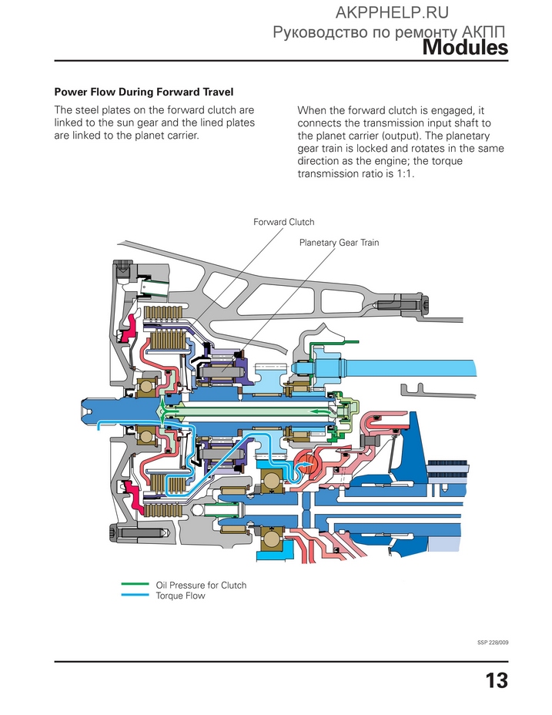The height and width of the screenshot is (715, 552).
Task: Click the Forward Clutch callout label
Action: [283, 222]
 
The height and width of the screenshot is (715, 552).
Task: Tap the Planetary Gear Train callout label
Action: [339, 243]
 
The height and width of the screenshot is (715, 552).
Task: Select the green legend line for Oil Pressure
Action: [135, 584]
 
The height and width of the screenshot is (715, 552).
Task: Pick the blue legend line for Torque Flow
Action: [135, 595]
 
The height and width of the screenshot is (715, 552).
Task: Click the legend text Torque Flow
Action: [180, 596]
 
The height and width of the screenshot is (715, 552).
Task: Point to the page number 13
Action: [497, 680]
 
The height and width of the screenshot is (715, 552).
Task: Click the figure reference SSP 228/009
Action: [493, 643]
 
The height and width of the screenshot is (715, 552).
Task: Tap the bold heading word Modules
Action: [465, 48]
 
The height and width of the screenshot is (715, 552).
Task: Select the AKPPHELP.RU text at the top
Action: [392, 12]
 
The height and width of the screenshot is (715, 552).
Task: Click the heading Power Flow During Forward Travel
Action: [144, 92]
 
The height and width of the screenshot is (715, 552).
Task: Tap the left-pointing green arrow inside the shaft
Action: [318, 411]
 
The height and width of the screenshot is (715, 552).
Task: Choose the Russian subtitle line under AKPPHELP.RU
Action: [389, 32]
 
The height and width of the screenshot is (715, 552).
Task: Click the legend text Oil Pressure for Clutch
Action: [201, 585]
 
